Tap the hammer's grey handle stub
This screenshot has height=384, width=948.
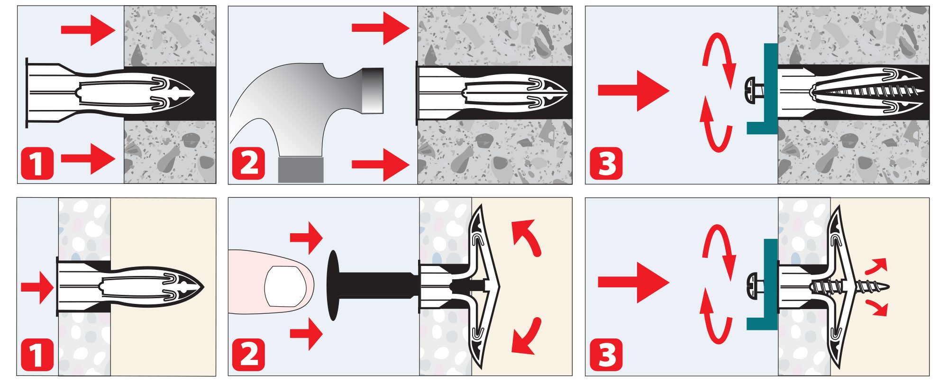[x=301, y=170]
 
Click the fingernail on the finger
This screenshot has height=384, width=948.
[x=283, y=286]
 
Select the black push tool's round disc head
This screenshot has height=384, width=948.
[x=334, y=284]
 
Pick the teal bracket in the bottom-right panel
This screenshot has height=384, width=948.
[x=763, y=285]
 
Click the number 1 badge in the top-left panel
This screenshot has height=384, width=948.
[x=37, y=164]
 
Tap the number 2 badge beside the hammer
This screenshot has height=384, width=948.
[x=248, y=164]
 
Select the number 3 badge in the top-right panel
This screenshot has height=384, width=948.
[x=606, y=164]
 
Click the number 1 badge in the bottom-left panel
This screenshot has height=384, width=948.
[x=37, y=355]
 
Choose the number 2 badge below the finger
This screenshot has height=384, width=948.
[x=248, y=355]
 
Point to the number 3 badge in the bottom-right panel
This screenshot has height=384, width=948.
[x=606, y=355]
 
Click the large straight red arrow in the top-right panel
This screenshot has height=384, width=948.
[x=634, y=90]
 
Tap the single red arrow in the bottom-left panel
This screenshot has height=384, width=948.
[x=37, y=286]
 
